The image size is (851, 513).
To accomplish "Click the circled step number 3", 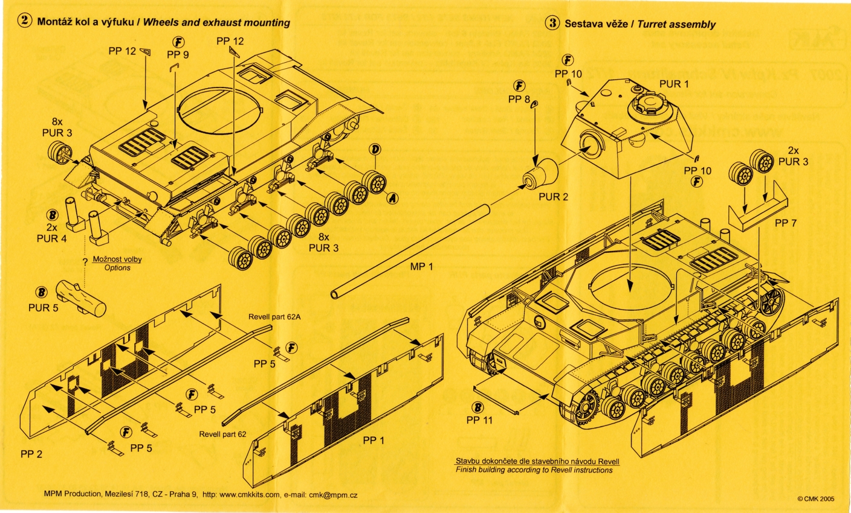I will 552,24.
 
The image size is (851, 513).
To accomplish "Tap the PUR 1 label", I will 674,84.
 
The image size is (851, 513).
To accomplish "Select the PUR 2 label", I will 554,197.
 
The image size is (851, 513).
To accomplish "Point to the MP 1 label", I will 421,267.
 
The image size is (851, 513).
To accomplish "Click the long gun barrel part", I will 411,250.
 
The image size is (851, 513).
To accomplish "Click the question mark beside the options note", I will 86,262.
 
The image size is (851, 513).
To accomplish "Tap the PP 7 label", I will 786,223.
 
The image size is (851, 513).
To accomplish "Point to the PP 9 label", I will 178,54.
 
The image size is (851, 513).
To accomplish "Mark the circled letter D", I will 375,149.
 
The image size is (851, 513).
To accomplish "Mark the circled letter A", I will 393,197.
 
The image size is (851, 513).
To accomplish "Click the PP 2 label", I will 31,454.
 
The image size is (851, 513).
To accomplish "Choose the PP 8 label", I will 519,99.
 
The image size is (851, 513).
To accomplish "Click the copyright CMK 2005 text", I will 815,499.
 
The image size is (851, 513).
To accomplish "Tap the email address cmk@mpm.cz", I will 333,495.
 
